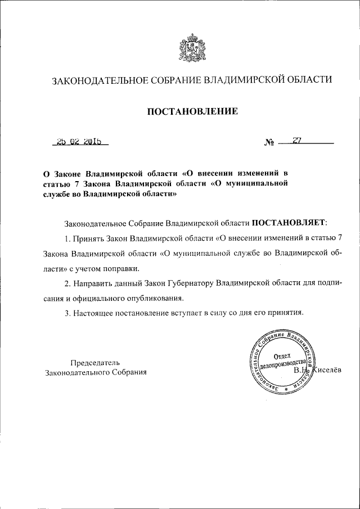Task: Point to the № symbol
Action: coord(269,143)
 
